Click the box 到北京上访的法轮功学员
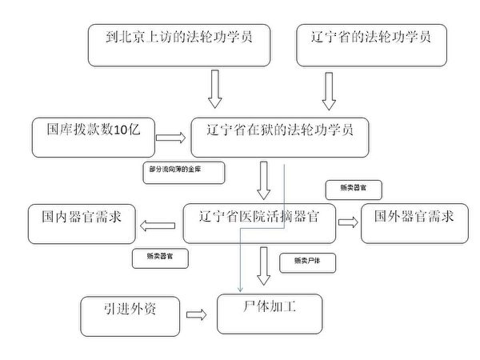point(178,44)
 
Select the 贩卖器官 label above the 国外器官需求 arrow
point(353,190)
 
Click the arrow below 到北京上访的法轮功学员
point(214,88)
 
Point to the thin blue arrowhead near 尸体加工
point(241,288)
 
